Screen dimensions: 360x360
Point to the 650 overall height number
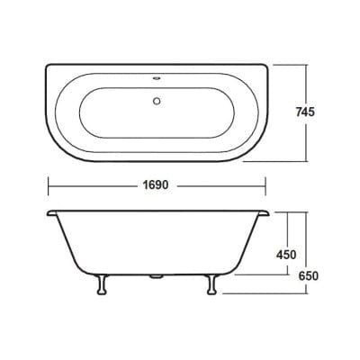tap(310, 276)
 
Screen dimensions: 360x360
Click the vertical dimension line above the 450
tap(287, 229)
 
